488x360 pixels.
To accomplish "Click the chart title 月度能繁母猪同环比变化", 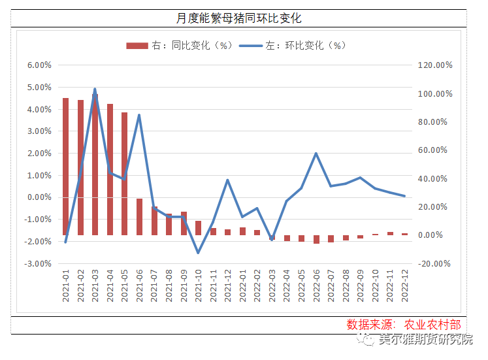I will [x=244, y=18].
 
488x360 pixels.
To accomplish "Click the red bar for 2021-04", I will [x=110, y=169].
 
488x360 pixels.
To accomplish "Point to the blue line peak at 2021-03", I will [x=95, y=89].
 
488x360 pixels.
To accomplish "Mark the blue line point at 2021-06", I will [x=139, y=116].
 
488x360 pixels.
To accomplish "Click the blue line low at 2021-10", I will [x=198, y=253].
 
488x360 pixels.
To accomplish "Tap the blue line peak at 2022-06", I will [x=316, y=154].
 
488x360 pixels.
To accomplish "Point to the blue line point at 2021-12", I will [x=227, y=180].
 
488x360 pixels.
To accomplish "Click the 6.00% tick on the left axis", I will [x=39, y=65].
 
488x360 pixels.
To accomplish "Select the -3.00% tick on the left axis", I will [x=39, y=264].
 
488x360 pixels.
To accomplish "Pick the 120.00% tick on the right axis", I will [x=435, y=65].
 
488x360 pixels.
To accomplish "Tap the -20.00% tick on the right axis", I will [x=435, y=264].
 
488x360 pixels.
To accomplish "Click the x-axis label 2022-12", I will [x=405, y=288].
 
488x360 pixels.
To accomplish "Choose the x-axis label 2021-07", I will [x=155, y=288].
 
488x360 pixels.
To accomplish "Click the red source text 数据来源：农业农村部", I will [x=404, y=325].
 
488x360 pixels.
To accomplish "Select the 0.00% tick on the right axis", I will [x=434, y=235].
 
